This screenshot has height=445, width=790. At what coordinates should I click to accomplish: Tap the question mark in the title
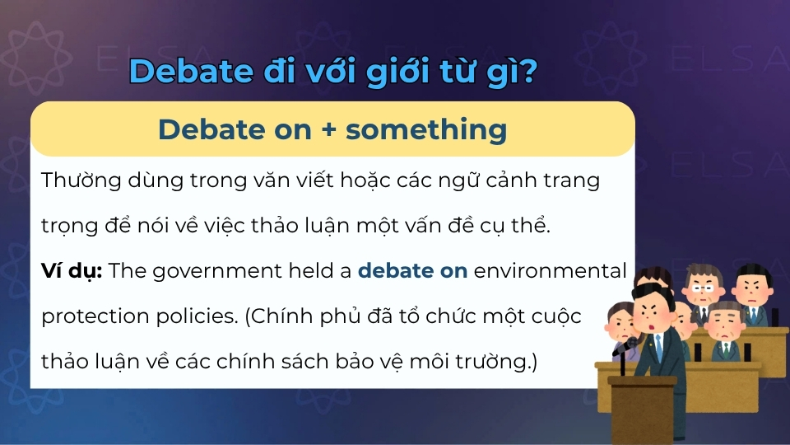[529, 71]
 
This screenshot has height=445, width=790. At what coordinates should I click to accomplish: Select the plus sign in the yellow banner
[328, 129]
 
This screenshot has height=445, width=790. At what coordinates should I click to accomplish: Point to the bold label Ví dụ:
[72, 270]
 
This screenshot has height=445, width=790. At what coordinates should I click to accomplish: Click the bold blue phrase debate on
[412, 270]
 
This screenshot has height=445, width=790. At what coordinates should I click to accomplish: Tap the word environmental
[551, 270]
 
